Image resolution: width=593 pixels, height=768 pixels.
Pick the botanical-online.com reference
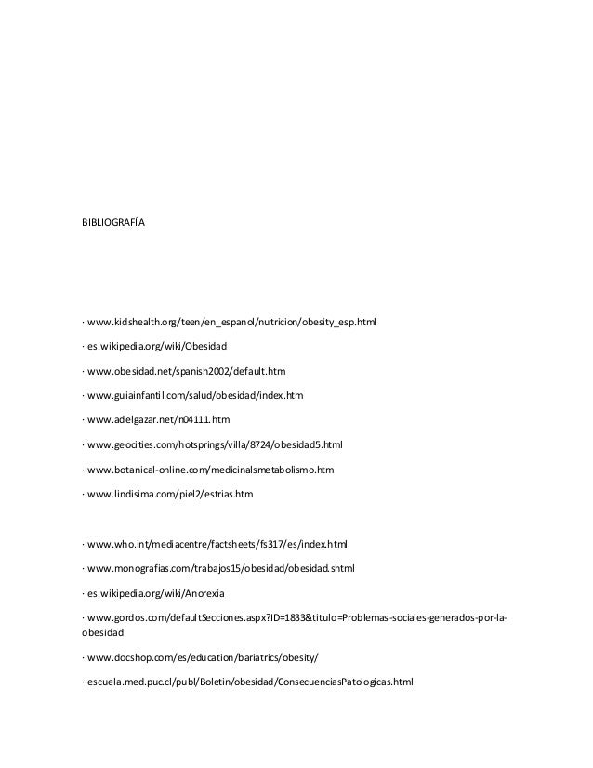click(210, 470)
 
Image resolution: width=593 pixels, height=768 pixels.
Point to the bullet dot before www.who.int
click(83, 543)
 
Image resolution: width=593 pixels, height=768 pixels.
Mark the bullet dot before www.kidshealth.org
click(83, 323)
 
